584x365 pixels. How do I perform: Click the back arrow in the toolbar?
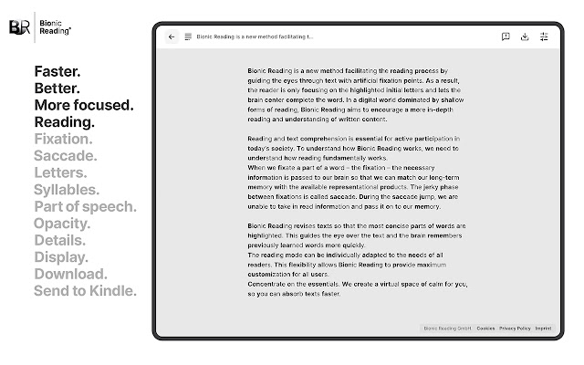[x=172, y=37]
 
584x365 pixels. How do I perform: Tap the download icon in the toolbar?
[x=525, y=37]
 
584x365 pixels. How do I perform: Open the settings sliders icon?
[x=545, y=37]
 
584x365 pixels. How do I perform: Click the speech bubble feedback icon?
[x=506, y=37]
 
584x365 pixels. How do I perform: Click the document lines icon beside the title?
[x=188, y=37]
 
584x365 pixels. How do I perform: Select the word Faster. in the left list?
[x=57, y=71]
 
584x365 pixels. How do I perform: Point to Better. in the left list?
[x=57, y=89]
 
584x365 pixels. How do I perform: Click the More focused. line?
[x=84, y=105]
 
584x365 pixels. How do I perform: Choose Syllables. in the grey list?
[x=67, y=190]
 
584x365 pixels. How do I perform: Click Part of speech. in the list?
[x=85, y=207]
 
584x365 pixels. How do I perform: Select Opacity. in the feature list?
[x=62, y=224]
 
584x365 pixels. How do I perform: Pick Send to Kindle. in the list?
[x=85, y=291]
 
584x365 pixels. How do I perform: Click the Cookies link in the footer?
[x=485, y=328]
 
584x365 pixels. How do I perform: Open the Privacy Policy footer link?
[x=515, y=328]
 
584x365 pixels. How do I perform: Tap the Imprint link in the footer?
[x=543, y=328]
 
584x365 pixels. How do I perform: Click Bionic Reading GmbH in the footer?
[x=446, y=328]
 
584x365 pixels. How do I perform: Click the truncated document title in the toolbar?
[x=255, y=37]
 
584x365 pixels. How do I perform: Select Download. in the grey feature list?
[x=70, y=274]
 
